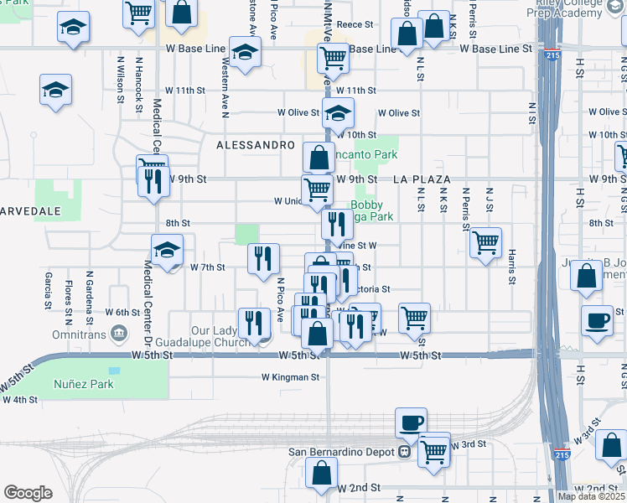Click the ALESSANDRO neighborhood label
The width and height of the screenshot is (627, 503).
(x=256, y=145)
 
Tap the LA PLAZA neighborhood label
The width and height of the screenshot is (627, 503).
(x=422, y=179)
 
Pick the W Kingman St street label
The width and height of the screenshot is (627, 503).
(x=290, y=377)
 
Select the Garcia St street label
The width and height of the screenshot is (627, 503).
(x=48, y=288)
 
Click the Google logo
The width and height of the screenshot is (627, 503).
(x=28, y=493)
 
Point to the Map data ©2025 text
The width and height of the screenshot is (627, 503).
(x=592, y=496)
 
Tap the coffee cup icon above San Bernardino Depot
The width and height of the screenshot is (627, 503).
(x=411, y=423)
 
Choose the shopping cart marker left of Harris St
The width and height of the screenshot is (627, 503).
(x=486, y=243)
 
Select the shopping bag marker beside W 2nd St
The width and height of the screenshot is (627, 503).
(x=323, y=473)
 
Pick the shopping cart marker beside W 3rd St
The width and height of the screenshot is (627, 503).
(x=434, y=450)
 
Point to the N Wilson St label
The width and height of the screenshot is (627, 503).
(x=121, y=75)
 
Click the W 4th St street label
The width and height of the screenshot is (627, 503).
(x=20, y=400)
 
